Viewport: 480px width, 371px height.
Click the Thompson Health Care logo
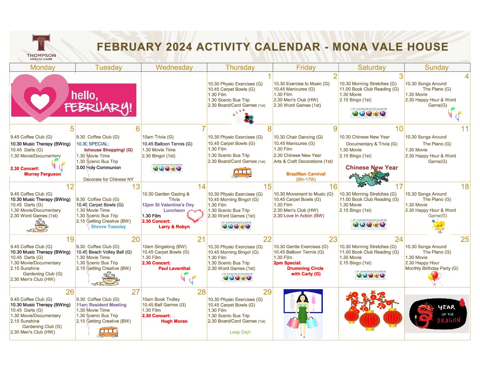coord(41,47)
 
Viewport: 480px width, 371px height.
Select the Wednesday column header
coord(174,68)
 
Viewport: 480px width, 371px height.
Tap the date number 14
coord(201,187)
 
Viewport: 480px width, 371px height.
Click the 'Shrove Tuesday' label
coord(108,227)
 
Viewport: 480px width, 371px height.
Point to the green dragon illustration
coord(369,179)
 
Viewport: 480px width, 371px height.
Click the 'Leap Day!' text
coord(240,332)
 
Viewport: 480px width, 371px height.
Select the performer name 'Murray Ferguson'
coord(43,174)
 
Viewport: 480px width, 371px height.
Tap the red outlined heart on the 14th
coord(195,216)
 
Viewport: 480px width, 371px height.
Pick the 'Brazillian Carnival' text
coord(306,174)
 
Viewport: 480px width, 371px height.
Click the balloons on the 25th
coord(435,278)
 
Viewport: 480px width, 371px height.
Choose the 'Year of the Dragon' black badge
coord(437,314)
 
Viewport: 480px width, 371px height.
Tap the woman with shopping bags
coord(303,314)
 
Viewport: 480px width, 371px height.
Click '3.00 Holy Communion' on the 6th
coord(99,168)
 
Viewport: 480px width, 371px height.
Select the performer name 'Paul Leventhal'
coord(174,268)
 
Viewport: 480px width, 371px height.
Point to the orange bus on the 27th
coord(108,332)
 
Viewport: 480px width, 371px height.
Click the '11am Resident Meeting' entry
coord(101,305)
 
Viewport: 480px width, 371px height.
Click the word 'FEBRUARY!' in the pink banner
coord(98,108)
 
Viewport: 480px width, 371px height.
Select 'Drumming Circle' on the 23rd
coord(305,268)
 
